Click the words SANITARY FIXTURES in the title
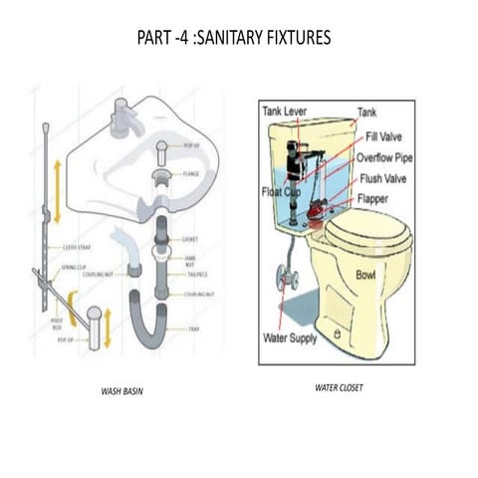267,39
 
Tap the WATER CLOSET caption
339,386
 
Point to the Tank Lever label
287,113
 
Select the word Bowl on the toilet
367,274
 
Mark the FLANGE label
192,173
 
